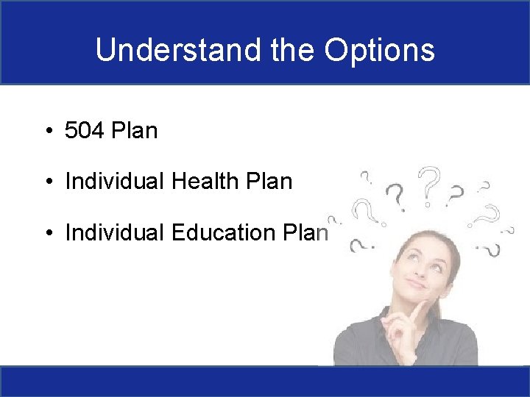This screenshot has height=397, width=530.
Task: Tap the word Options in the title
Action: [380, 51]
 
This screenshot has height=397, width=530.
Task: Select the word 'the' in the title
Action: [293, 50]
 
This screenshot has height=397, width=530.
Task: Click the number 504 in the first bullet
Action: [84, 130]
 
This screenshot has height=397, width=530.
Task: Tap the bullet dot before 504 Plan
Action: [49, 130]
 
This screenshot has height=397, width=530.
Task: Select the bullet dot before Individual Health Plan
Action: [49, 182]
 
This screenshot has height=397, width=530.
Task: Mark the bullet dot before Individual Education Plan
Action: [49, 232]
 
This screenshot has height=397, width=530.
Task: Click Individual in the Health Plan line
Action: [114, 181]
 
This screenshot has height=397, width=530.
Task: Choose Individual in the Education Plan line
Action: [114, 232]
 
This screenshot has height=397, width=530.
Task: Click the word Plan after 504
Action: [135, 130]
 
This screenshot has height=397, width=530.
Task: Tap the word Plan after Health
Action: [269, 181]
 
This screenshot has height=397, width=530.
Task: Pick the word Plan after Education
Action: [305, 232]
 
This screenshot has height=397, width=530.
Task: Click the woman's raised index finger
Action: [418, 310]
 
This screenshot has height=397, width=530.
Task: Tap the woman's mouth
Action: [417, 284]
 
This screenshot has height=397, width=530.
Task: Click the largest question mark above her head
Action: [429, 186]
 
